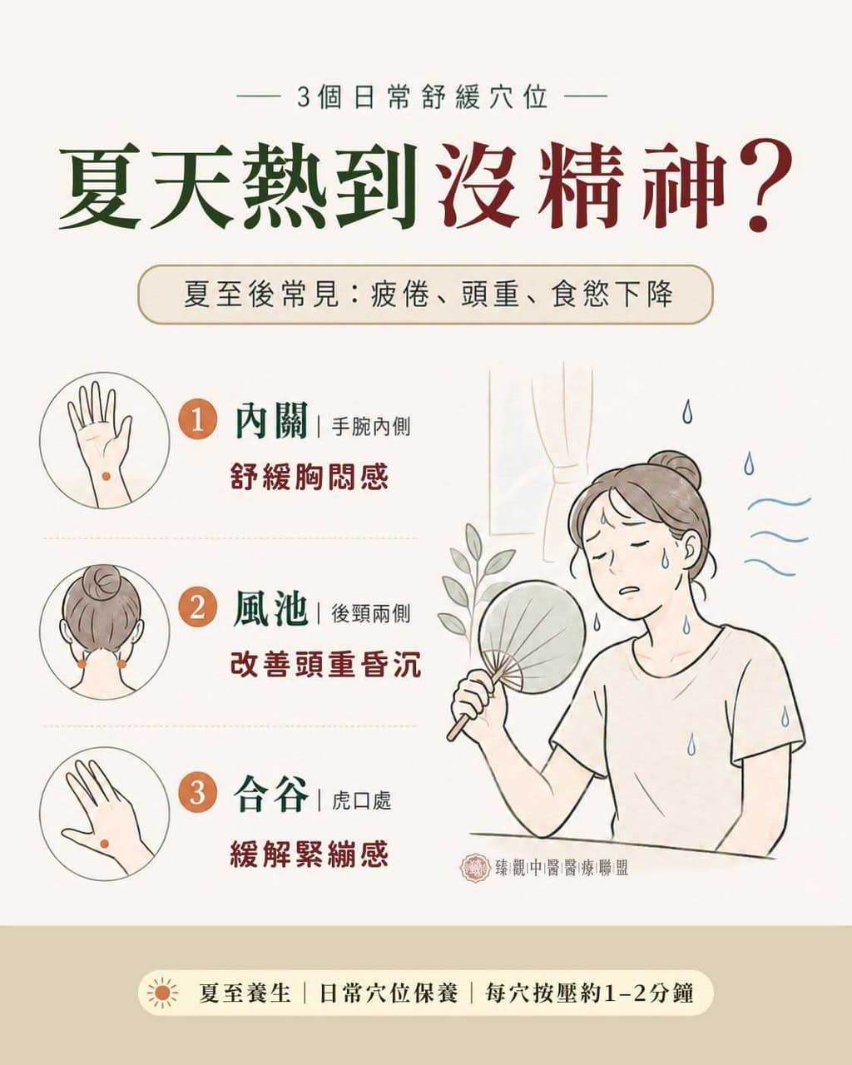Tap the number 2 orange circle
coord(197,609)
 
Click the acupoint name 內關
coord(271,421)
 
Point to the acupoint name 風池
coord(271,609)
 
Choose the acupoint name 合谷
coord(271,795)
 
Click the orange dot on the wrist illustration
coord(106,476)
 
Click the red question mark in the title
coord(763,189)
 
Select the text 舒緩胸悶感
coord(309,477)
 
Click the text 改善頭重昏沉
coord(325,664)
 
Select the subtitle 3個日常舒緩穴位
coord(423,97)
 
